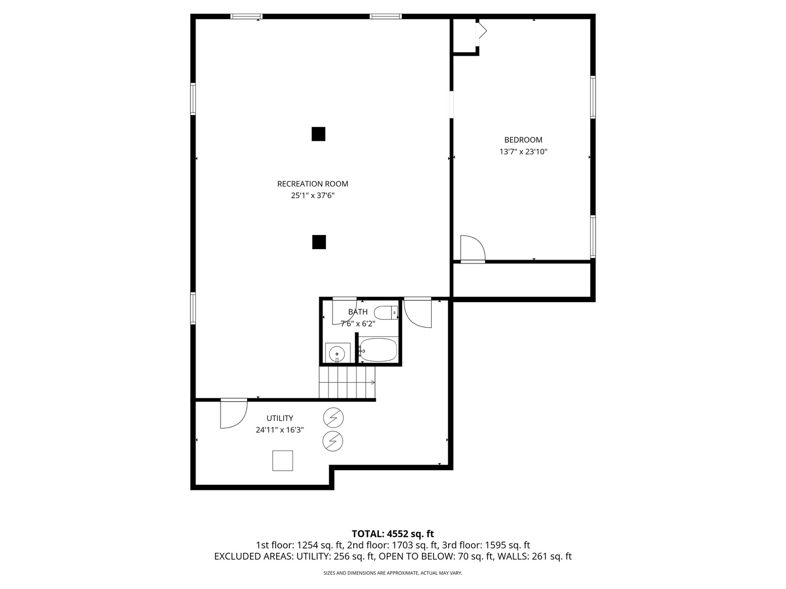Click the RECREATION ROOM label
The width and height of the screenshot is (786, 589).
(x=312, y=184)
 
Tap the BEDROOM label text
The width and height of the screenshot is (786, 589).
(x=523, y=140)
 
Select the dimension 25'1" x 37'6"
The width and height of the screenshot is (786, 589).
(x=312, y=195)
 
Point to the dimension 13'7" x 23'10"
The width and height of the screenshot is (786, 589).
(x=523, y=152)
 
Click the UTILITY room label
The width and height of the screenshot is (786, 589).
(x=279, y=418)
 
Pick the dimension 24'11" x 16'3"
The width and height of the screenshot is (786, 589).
(x=279, y=430)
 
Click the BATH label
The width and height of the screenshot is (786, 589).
(x=358, y=312)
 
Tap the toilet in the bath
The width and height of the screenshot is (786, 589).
(x=386, y=313)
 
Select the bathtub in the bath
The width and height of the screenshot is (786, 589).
(x=378, y=350)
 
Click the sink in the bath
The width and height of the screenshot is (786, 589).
(x=337, y=353)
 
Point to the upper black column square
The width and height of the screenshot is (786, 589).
(x=318, y=134)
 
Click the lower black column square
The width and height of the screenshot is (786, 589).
(x=319, y=242)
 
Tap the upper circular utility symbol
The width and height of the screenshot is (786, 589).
(x=333, y=418)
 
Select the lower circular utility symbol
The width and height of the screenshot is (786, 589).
(x=333, y=441)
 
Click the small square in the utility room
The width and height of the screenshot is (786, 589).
(x=283, y=460)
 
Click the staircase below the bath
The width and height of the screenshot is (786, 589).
(x=347, y=382)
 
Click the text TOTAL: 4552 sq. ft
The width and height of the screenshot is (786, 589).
(x=392, y=533)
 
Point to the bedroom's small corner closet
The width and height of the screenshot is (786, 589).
(x=465, y=36)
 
